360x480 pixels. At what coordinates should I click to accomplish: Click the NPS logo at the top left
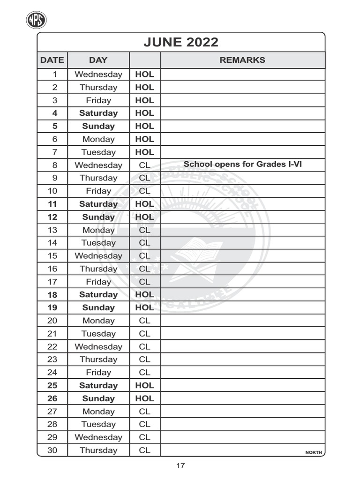(x=36, y=20)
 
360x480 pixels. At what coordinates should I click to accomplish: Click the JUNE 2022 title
(x=180, y=42)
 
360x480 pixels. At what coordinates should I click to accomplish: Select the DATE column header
(x=52, y=60)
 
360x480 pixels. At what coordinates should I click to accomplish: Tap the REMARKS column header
(x=242, y=60)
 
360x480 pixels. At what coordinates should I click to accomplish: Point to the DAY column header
(x=98, y=60)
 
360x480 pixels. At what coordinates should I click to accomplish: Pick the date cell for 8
(x=54, y=165)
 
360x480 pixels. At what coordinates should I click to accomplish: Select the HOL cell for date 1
(x=144, y=74)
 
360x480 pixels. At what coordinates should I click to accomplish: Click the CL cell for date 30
(x=144, y=450)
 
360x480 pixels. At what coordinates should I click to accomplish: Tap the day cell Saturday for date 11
(x=98, y=204)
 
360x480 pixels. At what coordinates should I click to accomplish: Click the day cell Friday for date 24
(x=98, y=372)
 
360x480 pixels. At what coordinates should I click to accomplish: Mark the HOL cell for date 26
(x=144, y=398)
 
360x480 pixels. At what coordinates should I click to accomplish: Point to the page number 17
(x=180, y=465)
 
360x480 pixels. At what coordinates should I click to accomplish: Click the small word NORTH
(x=314, y=452)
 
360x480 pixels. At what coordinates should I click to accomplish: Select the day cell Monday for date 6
(x=98, y=139)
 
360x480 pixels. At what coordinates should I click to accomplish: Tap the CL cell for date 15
(x=144, y=255)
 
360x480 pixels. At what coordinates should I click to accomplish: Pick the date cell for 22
(x=52, y=346)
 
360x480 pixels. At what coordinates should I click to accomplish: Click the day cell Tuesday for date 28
(x=98, y=424)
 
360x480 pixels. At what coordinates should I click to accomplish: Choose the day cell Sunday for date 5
(x=98, y=126)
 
